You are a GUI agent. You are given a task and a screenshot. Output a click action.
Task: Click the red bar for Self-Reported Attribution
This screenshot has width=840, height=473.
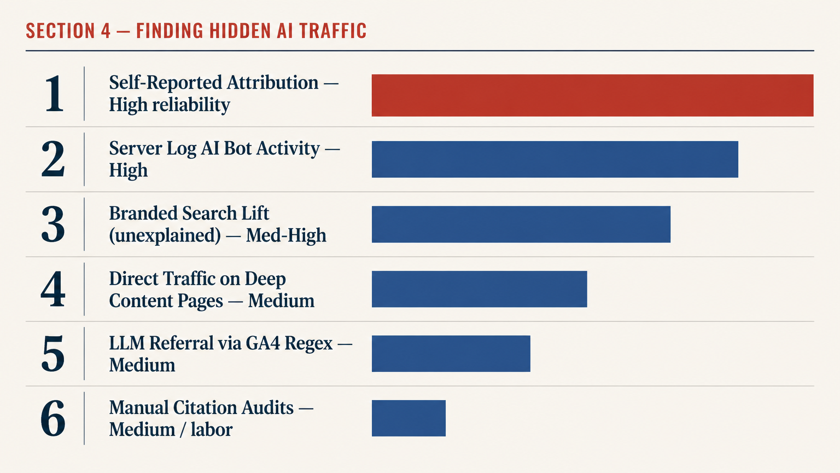tap(592, 95)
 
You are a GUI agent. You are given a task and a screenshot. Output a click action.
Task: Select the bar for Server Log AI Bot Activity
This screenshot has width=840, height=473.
tap(555, 159)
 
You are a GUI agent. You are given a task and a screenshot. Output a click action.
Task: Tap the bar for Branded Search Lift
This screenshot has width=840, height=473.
tap(521, 224)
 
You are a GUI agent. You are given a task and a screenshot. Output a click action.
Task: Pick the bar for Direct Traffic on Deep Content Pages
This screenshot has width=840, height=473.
tap(479, 289)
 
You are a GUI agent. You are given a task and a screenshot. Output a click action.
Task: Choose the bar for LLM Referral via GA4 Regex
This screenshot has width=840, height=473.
tap(451, 354)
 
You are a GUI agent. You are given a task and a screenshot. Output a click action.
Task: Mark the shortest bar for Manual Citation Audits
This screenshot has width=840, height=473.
tap(409, 418)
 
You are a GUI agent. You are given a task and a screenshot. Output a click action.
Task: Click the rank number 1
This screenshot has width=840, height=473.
tap(54, 94)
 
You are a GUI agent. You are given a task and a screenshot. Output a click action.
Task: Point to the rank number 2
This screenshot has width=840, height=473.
tap(53, 159)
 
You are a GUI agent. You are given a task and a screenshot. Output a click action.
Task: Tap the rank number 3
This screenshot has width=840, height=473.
tap(53, 224)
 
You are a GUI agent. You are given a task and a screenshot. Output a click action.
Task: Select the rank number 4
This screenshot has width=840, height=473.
tap(53, 289)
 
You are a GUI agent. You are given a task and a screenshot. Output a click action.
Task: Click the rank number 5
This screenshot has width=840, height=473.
tap(53, 354)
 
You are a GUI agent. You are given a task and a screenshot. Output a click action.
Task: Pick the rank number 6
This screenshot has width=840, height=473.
tap(53, 419)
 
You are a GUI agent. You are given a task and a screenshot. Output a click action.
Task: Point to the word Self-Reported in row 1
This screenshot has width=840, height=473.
tap(165, 83)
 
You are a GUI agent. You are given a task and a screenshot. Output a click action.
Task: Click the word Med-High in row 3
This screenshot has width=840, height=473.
tap(286, 235)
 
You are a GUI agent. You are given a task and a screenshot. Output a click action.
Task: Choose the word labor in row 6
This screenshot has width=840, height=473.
tap(211, 430)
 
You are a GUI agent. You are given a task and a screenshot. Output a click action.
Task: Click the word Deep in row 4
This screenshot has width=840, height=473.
tap(265, 279)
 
